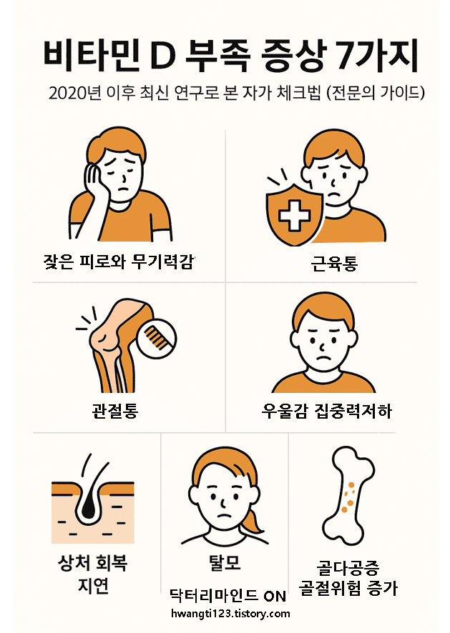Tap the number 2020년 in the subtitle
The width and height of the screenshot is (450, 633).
coord(74,94)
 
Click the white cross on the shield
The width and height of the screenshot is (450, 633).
coord(293,214)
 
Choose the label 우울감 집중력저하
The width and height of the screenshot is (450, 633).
coord(327,412)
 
